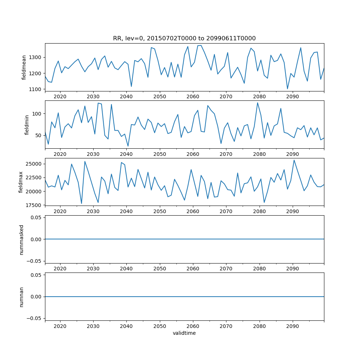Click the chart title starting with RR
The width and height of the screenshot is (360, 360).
click(x=184, y=39)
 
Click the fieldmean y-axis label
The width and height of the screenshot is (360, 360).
click(x=24, y=67)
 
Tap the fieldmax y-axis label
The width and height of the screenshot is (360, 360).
click(x=21, y=182)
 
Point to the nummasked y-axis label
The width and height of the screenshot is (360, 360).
click(x=21, y=239)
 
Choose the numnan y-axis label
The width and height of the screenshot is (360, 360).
click(x=21, y=297)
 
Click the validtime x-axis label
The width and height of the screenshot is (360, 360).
click(x=184, y=333)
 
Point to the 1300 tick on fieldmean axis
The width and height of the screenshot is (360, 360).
click(x=37, y=58)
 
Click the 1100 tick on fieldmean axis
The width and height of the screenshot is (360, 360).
click(x=37, y=89)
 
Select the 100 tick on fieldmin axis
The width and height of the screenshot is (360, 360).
click(x=38, y=114)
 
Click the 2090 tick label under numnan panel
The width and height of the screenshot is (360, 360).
click(x=292, y=326)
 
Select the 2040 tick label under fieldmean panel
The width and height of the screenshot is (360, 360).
click(x=126, y=96)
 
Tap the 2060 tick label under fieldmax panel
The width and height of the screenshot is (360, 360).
click(x=193, y=211)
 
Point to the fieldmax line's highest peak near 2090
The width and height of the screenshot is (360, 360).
click(x=294, y=160)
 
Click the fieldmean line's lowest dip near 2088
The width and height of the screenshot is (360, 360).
click(x=287, y=89)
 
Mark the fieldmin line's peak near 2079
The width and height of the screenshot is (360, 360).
click(x=257, y=103)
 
